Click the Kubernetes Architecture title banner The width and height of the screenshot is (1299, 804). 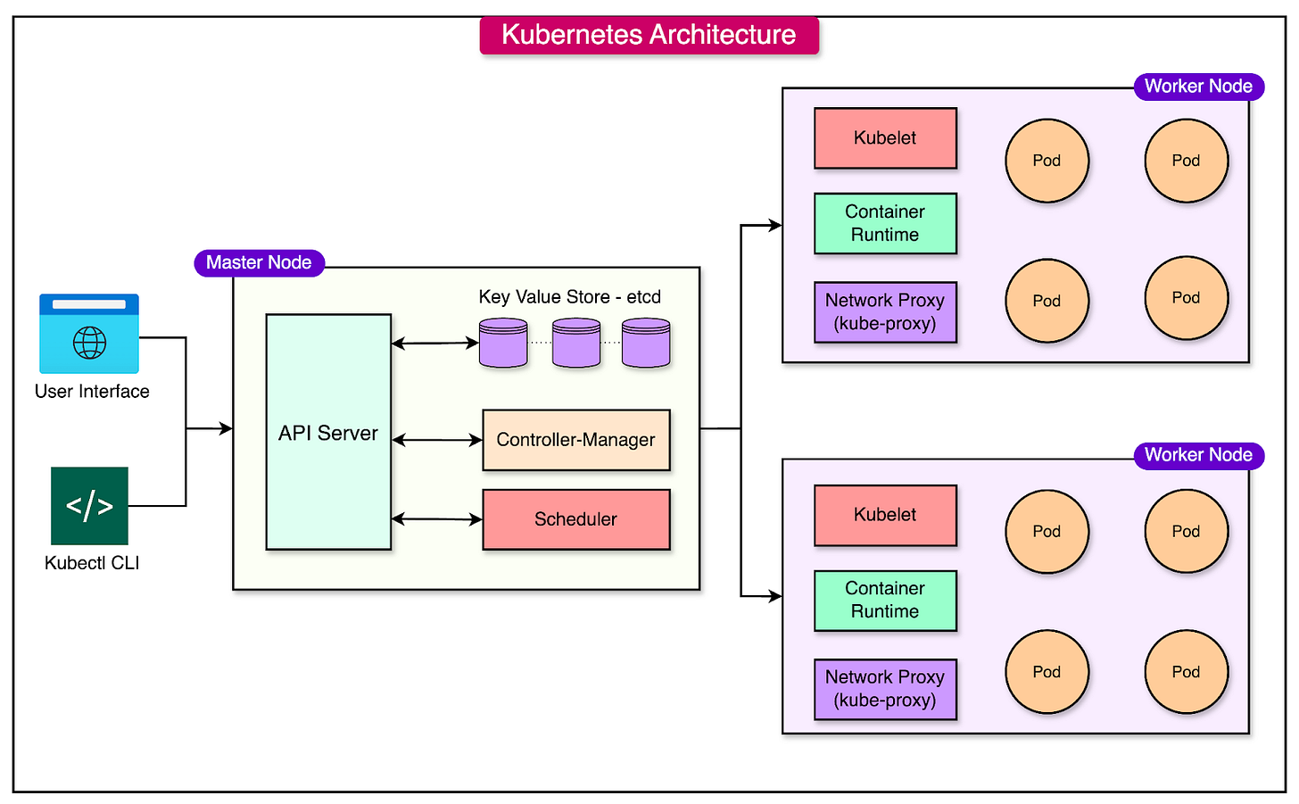coord(649,35)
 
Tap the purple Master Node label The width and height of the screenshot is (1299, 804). coord(259,262)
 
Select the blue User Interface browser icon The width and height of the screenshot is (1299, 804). coord(89,334)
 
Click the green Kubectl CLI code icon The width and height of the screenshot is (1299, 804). coord(89,506)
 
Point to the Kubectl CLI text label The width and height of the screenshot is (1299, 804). coord(92,563)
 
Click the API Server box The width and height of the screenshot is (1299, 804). coord(328,432)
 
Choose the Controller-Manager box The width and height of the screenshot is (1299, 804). coord(575,440)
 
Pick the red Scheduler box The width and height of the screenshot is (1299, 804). coord(575,519)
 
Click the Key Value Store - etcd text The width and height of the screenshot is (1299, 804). coord(569,297)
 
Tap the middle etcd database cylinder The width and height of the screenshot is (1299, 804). coord(575,344)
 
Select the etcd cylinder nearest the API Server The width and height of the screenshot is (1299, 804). coord(503,344)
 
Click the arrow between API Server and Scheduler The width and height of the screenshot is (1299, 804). coord(436,519)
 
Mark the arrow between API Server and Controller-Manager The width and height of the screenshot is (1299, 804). coord(436,440)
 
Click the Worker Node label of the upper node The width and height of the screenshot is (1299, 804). coord(1198,87)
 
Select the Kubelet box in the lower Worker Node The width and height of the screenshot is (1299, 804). coord(885,515)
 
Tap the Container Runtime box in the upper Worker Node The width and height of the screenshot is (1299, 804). coord(885,223)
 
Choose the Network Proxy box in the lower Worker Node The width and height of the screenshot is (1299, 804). coord(885,689)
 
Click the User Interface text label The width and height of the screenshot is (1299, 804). coord(92,392)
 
